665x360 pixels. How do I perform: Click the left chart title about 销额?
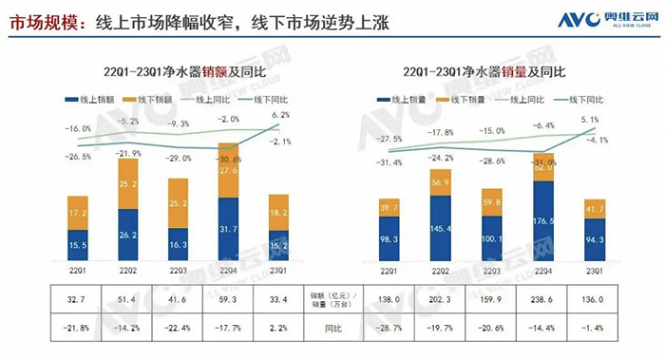(x=177, y=72)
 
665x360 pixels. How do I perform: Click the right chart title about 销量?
(x=485, y=72)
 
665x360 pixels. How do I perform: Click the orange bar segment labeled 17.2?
(x=79, y=217)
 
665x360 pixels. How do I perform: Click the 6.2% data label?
(x=279, y=115)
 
